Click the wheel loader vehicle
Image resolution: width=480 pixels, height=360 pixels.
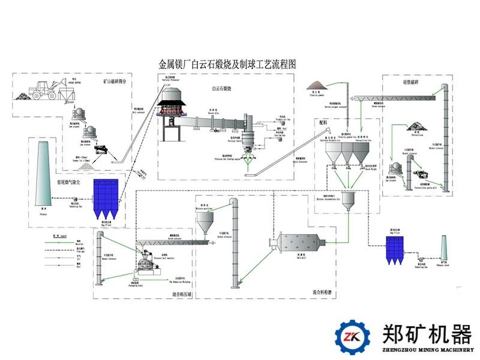(45, 90)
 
